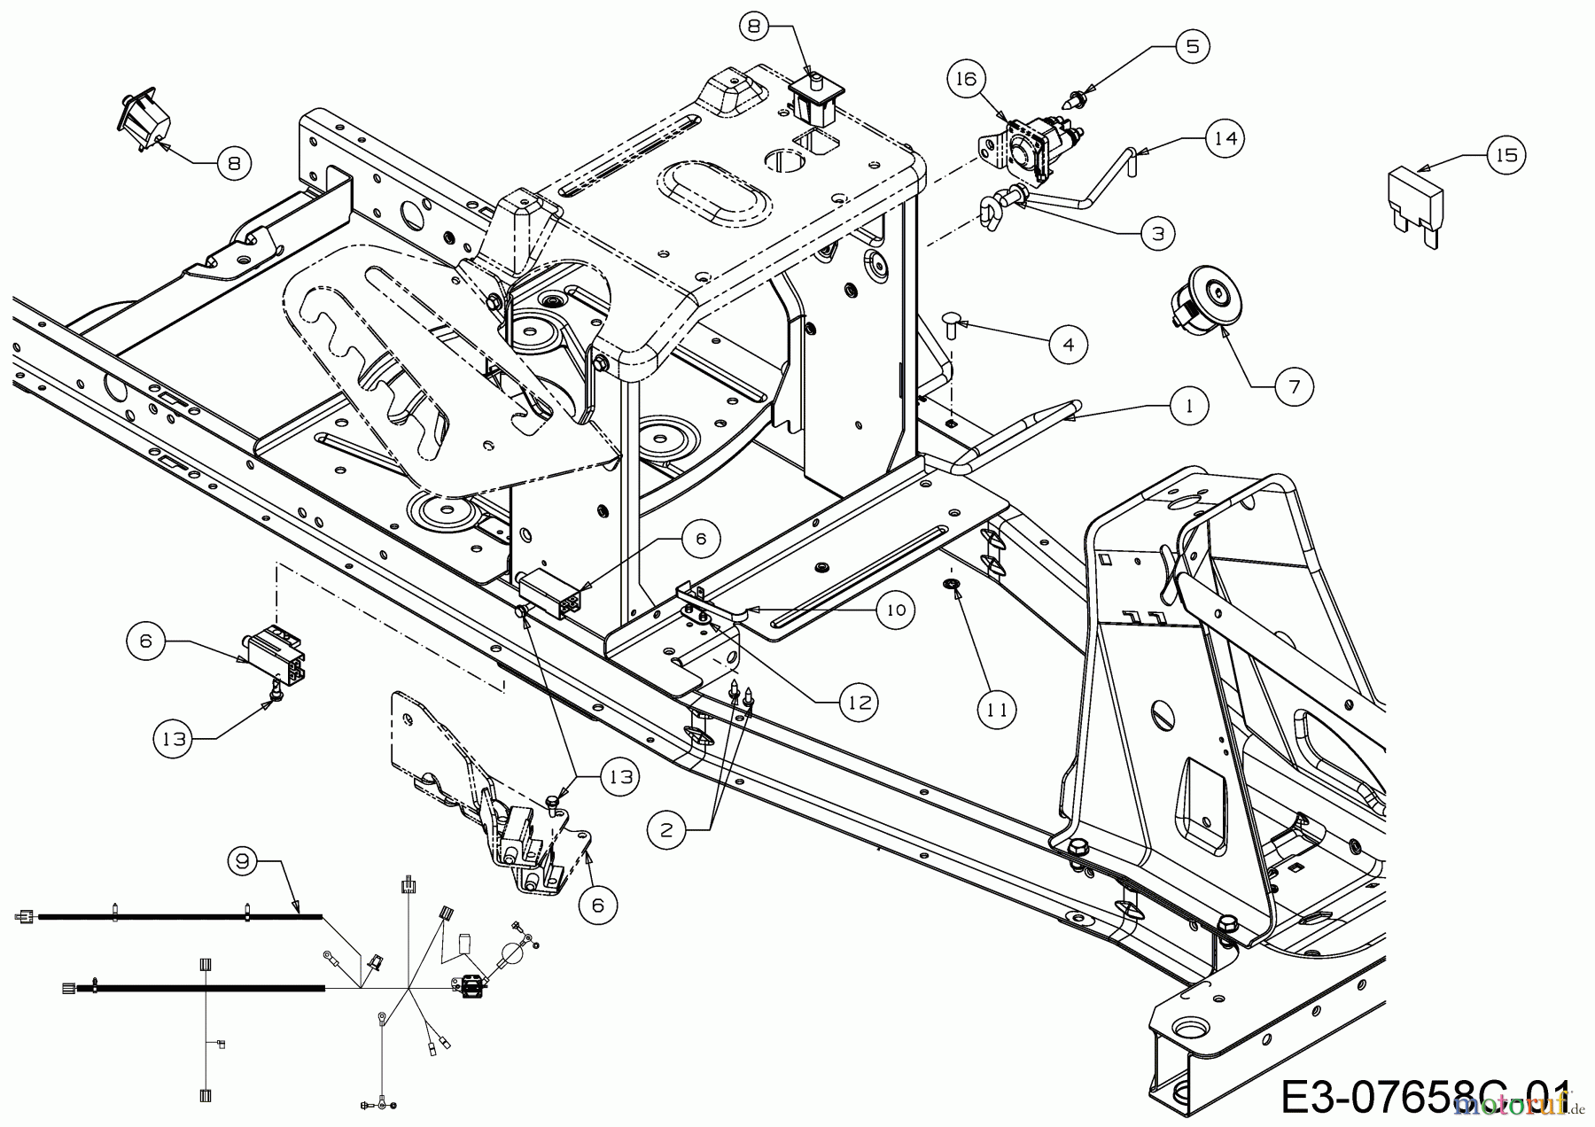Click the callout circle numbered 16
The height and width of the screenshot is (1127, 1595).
[x=965, y=79]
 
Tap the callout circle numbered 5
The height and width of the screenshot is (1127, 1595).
[x=1192, y=46]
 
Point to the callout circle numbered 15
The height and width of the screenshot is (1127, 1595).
[x=1506, y=155]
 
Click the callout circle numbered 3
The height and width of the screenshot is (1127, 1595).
[x=1157, y=233]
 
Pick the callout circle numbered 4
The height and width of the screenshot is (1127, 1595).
[x=1068, y=344]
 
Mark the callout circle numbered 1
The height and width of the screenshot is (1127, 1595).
[x=1189, y=406]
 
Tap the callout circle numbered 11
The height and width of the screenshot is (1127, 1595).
[x=997, y=710]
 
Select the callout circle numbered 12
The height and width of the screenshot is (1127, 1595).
[x=859, y=703]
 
